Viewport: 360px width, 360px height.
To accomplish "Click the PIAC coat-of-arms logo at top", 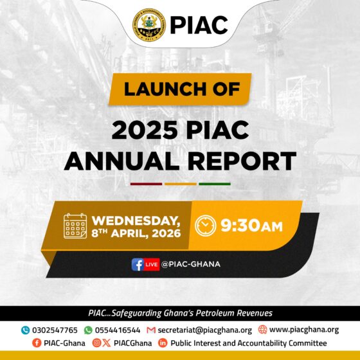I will tap(148, 24).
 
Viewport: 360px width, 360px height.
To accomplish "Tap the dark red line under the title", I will tap(146, 184).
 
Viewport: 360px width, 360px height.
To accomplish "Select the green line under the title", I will tap(214, 184).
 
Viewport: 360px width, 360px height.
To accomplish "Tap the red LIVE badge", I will tap(152, 264).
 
